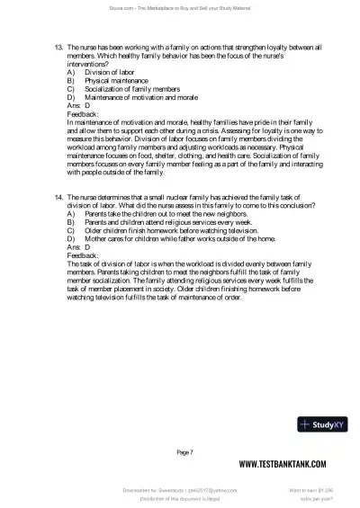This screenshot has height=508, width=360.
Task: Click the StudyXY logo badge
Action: pyautogui.click(x=325, y=424)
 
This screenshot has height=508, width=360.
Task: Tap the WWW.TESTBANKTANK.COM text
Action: pyautogui.click(x=288, y=464)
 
